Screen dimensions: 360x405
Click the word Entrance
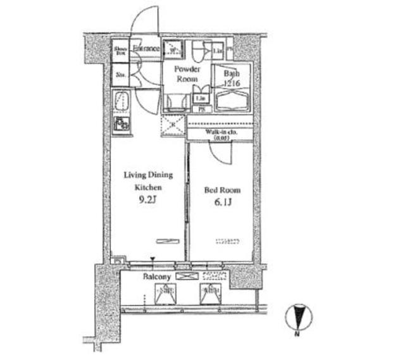coord(146,48)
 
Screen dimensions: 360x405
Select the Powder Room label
coord(187,73)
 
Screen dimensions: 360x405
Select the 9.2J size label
coord(147,202)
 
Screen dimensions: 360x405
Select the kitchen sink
coord(122,101)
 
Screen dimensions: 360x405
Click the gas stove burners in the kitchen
coord(121,123)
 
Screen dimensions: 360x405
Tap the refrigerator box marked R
coord(171,125)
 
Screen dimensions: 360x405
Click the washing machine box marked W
coord(173,48)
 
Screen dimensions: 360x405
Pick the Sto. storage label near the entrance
coord(120,75)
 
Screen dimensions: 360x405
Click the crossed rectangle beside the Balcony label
coord(187,276)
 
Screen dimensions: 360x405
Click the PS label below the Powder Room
coord(202,109)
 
